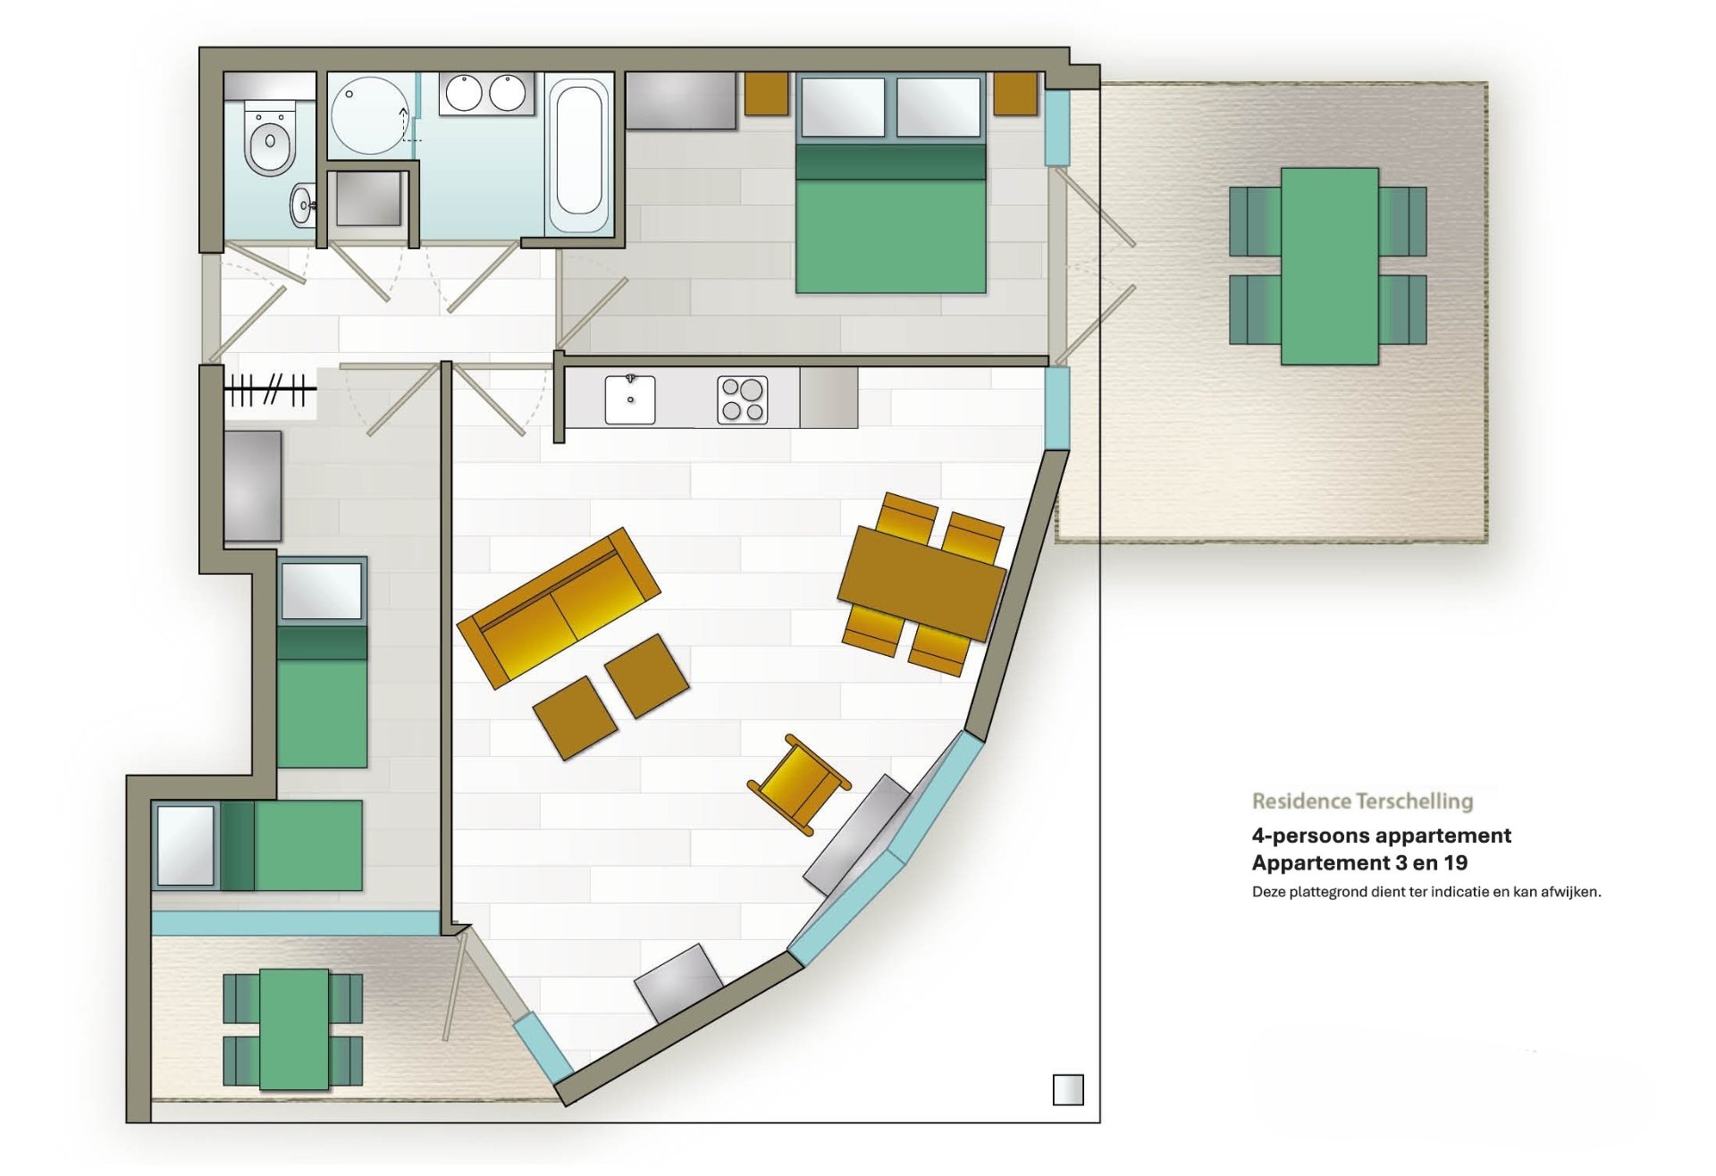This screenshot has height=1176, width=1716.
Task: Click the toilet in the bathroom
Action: [269, 139]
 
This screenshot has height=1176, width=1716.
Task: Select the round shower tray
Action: [370, 116]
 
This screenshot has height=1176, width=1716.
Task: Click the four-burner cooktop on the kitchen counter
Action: [743, 399]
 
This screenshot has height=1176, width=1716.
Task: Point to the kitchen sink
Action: [630, 399]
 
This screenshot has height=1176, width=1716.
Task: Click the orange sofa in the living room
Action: [559, 608]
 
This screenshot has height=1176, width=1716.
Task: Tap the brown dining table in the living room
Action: [921, 584]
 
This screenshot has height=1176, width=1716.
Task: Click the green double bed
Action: [891, 184]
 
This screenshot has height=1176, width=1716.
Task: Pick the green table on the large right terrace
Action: [1329, 266]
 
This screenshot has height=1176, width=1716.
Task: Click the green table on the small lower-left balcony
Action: [294, 1029]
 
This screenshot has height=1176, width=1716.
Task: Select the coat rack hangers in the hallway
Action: [269, 390]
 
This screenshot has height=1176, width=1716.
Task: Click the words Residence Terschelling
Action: [1362, 801]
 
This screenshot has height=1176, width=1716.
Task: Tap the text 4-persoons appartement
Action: [1381, 836]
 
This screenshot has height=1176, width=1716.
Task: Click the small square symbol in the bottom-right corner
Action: [1068, 1090]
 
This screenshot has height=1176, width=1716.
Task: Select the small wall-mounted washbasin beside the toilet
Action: [303, 206]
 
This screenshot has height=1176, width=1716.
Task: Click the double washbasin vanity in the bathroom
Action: [486, 94]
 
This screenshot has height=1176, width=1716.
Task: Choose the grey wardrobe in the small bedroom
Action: [253, 486]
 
